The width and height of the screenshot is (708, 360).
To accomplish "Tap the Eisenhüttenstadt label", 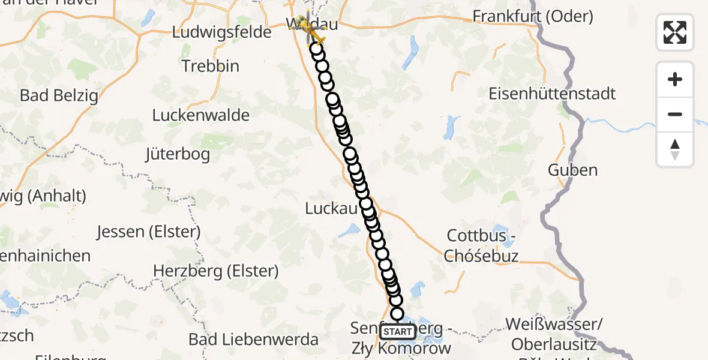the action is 552,94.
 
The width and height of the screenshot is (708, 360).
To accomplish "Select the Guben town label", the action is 572,170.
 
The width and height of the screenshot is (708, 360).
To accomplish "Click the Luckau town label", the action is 331,208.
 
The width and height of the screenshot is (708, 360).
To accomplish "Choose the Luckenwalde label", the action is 201,115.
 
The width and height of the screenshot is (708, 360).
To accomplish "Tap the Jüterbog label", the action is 178,154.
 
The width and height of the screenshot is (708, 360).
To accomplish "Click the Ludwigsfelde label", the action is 222,32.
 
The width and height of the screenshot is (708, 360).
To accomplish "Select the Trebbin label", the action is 211,66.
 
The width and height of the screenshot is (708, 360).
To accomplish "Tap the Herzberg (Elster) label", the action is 216,271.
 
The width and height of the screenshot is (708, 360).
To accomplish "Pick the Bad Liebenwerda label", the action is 253,340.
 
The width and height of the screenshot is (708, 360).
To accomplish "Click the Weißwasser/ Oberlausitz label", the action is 554,334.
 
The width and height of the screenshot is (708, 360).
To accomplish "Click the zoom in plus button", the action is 675,80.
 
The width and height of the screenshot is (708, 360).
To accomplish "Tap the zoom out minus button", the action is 675,114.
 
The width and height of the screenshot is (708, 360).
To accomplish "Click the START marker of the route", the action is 397,332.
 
